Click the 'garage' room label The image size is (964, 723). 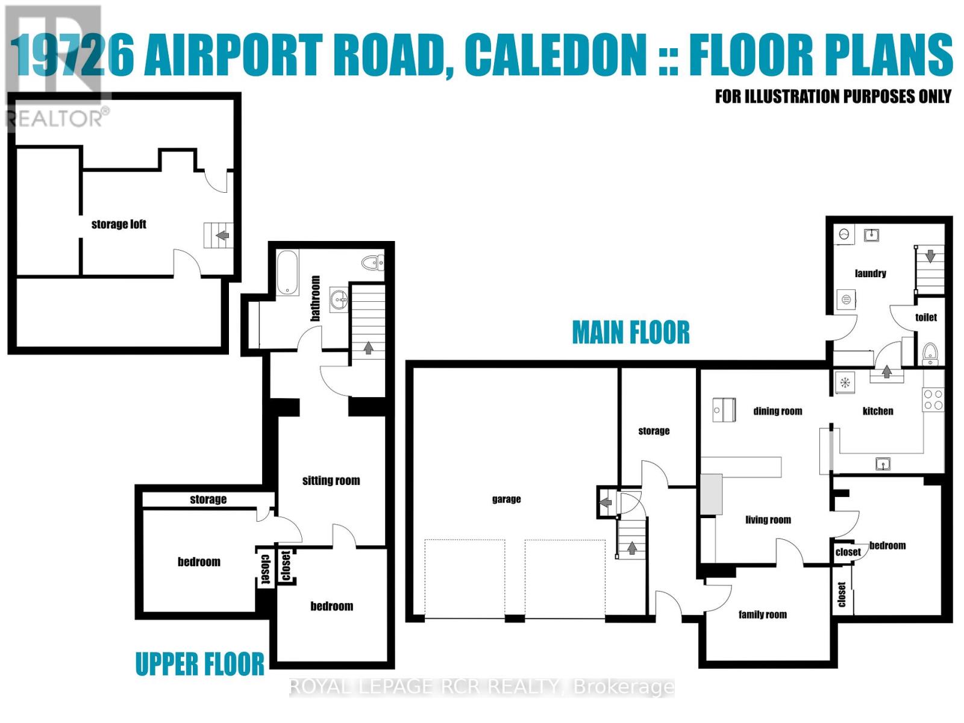pos(506,499)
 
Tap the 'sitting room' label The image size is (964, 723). pos(331,480)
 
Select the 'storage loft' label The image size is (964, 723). pos(119,224)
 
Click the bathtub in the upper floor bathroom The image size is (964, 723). pos(287,273)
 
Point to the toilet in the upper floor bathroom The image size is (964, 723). pos(372,263)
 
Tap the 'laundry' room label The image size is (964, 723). pos(870,273)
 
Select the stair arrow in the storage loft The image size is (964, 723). pos(222,235)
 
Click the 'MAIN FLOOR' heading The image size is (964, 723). pos(631,333)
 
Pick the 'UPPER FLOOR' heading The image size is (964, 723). pos(199,664)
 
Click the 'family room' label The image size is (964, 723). pos(762,615)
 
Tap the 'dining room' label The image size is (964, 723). pos(777,411)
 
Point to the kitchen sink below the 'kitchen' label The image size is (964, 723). pos(883,463)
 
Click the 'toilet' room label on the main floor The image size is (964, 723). pos(926,317)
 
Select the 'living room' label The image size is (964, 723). pos(768,519)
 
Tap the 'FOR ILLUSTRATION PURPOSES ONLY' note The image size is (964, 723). pos(833,96)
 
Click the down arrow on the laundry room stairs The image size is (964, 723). pos(930,256)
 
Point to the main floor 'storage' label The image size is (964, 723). pos(654,431)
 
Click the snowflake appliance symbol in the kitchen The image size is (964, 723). pos(845,382)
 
